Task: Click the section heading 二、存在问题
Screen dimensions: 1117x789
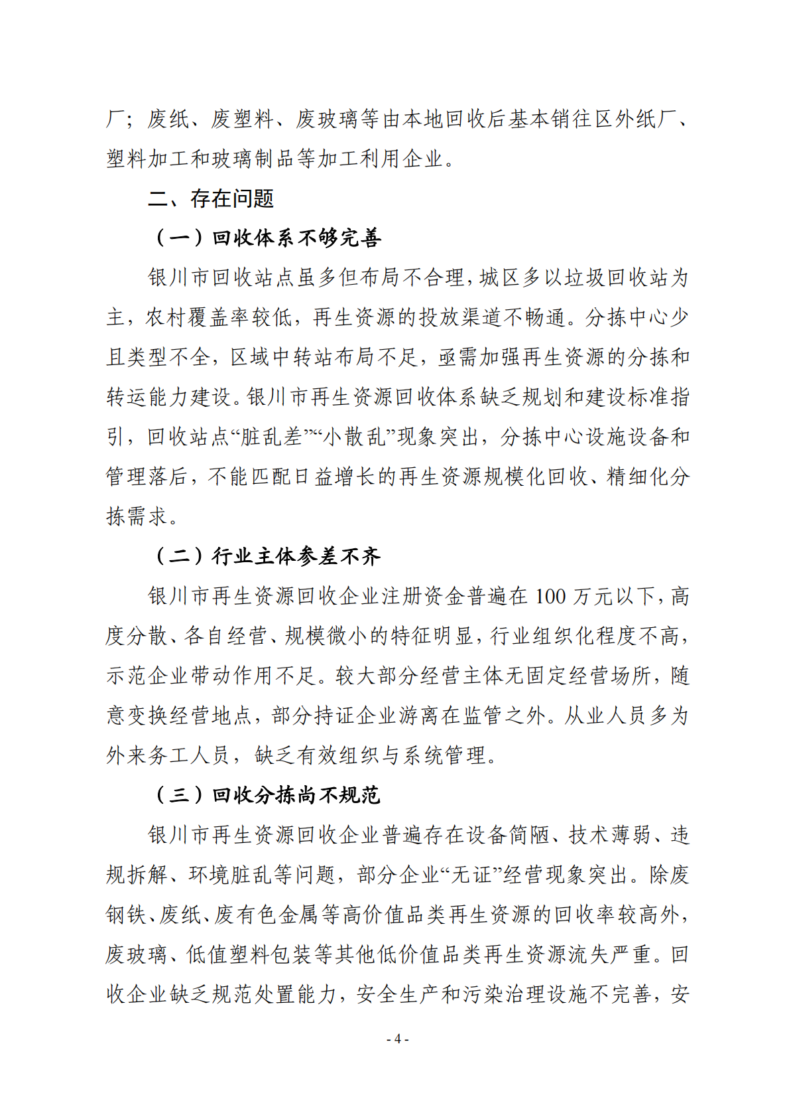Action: [211, 198]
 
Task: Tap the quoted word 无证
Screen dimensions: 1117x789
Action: [471, 875]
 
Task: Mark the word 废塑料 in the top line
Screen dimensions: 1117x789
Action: [243, 119]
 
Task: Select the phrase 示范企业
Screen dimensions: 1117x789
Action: [147, 676]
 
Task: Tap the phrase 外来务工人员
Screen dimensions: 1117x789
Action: [168, 756]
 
